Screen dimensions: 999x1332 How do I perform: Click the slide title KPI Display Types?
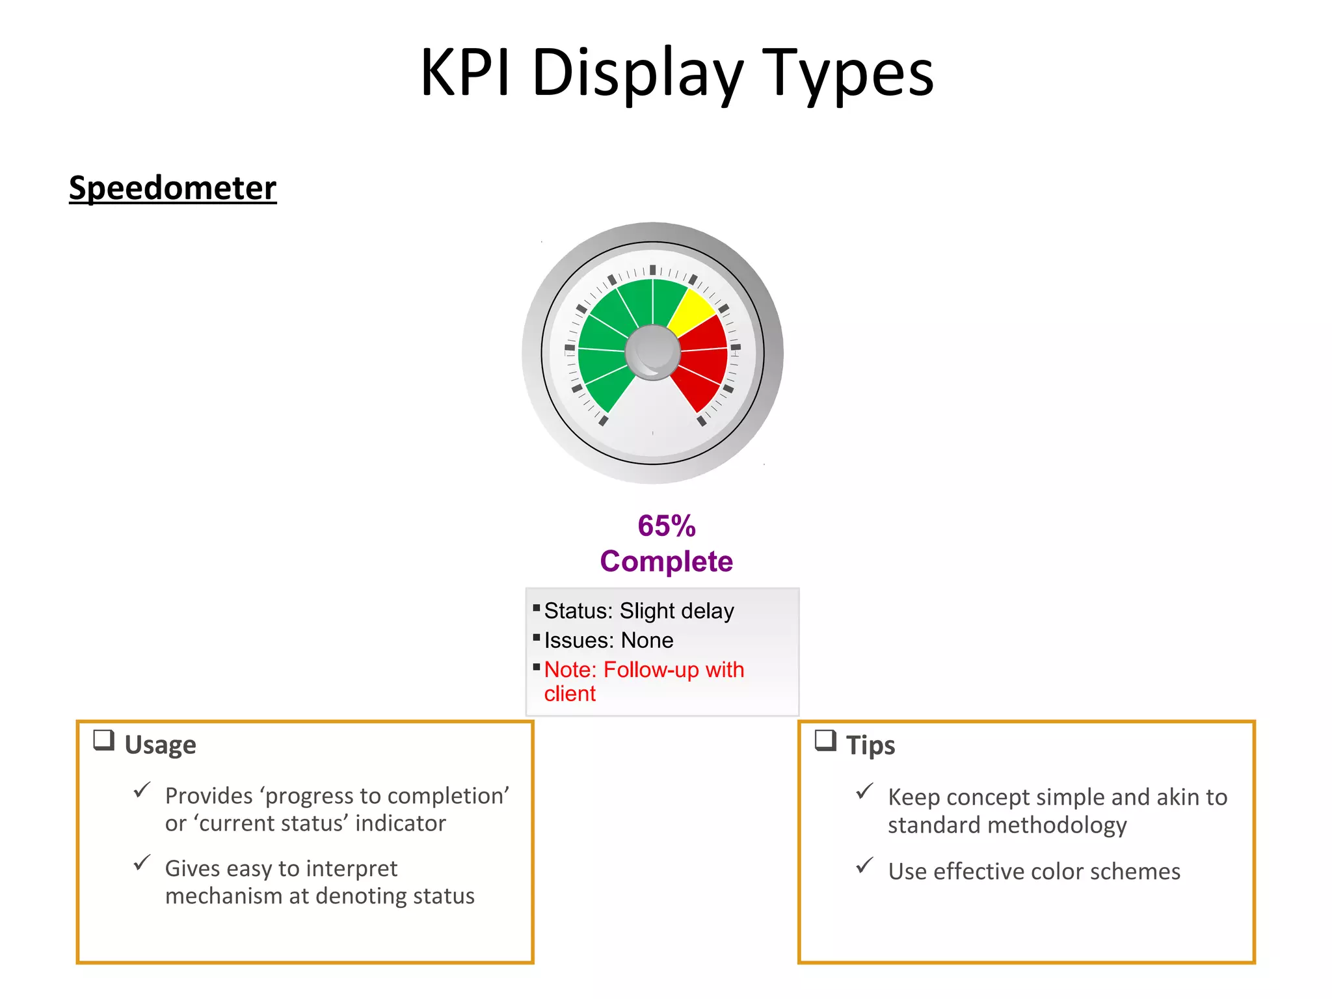[676, 73]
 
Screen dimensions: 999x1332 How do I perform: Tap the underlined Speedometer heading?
[172, 188]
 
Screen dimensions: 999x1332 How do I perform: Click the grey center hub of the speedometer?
[652, 353]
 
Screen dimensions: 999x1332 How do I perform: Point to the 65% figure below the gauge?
[667, 526]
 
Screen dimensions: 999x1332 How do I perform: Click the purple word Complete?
[667, 561]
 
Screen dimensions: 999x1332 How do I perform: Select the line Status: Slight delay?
[639, 611]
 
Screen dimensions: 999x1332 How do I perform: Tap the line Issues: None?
[609, 641]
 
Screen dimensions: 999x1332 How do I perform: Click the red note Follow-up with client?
[644, 680]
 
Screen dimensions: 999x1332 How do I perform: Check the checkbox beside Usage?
[104, 740]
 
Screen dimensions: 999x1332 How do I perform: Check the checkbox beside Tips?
[825, 740]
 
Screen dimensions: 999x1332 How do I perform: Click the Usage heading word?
[160, 745]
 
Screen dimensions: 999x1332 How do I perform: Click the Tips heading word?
[870, 745]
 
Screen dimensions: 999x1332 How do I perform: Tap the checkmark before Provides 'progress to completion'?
[142, 790]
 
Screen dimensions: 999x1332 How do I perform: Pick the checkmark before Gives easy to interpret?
[142, 863]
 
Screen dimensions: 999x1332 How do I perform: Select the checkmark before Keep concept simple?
[864, 792]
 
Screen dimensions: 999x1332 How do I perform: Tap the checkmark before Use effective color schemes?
[864, 866]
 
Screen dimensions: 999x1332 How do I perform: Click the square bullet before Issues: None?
[537, 637]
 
